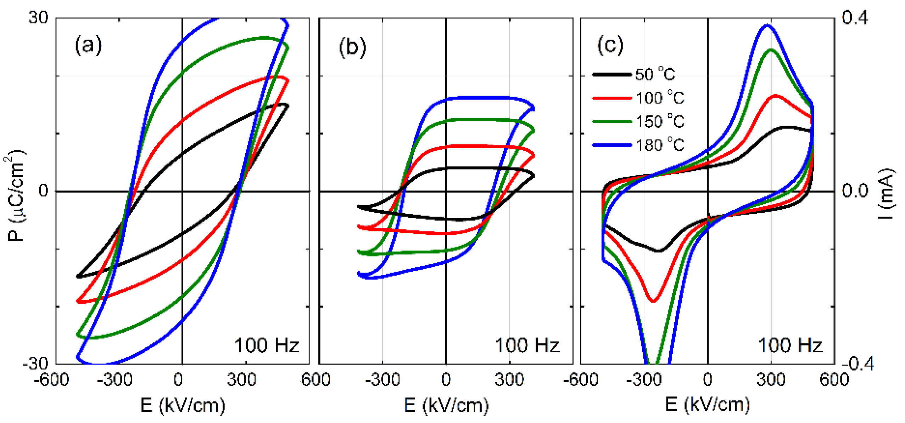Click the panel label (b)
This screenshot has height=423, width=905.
(352, 47)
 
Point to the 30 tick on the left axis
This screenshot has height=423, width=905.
(38, 17)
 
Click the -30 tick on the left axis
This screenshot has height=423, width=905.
(35, 364)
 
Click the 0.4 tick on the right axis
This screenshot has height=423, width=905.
(855, 17)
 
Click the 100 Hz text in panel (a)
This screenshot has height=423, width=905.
(267, 345)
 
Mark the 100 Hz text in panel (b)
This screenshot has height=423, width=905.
(527, 345)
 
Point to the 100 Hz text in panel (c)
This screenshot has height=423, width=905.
(790, 345)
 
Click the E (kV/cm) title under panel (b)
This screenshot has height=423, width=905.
(446, 405)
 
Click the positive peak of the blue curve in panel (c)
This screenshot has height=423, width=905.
(767, 25)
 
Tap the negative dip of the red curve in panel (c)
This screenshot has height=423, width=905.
(653, 301)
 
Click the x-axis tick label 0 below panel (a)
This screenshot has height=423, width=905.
(178, 380)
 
